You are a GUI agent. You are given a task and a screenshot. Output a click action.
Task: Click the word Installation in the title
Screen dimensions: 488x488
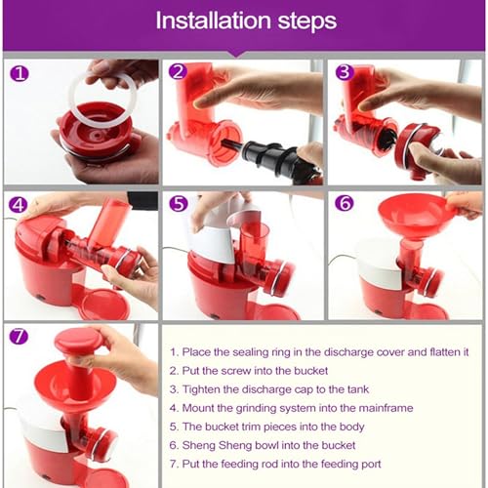pyautogui.click(x=213, y=20)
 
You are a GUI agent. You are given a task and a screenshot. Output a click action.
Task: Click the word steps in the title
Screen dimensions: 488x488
pyautogui.click(x=306, y=22)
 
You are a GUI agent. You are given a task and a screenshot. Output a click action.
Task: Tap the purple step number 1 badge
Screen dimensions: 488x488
pyautogui.click(x=20, y=74)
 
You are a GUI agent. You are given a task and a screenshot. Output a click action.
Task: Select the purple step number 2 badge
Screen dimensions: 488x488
pyautogui.click(x=178, y=71)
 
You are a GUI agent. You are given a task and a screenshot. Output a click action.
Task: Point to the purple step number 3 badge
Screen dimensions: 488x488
pyautogui.click(x=345, y=72)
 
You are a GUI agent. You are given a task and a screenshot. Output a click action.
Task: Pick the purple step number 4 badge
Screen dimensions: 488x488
pyautogui.click(x=18, y=205)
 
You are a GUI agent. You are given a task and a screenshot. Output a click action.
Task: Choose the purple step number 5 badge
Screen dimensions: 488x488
pyautogui.click(x=179, y=203)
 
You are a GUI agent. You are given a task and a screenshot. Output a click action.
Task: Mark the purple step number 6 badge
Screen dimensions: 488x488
pyautogui.click(x=345, y=203)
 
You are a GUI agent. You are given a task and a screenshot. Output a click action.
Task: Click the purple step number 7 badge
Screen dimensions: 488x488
pyautogui.click(x=19, y=336)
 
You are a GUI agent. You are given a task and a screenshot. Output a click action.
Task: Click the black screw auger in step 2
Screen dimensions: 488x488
pyautogui.click(x=273, y=155)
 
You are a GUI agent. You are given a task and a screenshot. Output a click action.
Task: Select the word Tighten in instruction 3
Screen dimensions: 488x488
pyautogui.click(x=201, y=389)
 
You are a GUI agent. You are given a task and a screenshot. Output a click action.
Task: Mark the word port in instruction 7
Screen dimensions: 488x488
pyautogui.click(x=370, y=465)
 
